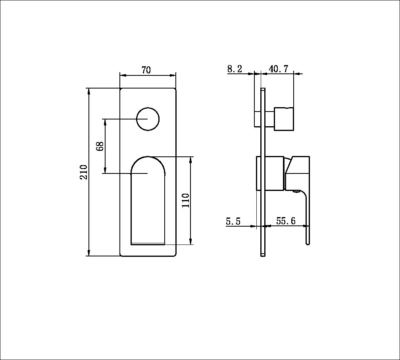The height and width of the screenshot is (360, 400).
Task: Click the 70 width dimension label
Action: [146, 70]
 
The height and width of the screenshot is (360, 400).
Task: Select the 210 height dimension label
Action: [83, 172]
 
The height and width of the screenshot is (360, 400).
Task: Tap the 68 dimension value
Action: [100, 146]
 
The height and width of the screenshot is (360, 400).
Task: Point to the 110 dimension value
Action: [185, 200]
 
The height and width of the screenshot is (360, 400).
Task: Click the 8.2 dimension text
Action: [235, 69]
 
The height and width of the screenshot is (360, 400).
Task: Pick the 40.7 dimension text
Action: [279, 69]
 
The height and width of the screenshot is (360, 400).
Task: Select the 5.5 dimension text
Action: [233, 221]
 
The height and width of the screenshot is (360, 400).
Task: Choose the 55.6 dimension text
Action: [286, 221]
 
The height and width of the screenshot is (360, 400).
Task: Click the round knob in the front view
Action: [148, 119]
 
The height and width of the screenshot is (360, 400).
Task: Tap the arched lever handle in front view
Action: [148, 200]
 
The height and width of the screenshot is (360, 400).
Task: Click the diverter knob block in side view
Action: [284, 119]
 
